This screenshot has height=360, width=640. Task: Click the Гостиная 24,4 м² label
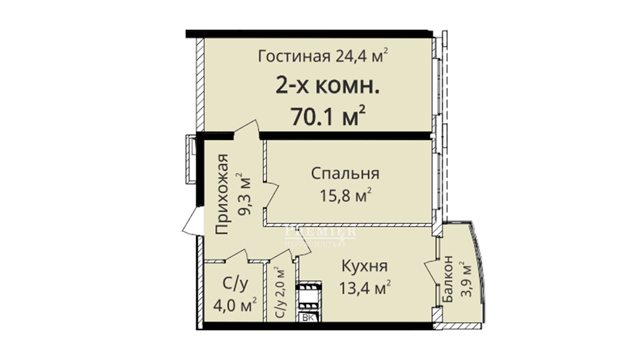coord(323,56)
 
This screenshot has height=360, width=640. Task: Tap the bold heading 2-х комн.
coord(327,87)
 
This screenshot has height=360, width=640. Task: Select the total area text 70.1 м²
coord(328,116)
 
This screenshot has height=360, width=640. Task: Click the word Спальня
coord(345,174)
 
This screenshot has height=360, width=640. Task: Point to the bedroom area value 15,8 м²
coord(345,196)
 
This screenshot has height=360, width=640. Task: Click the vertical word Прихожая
coord(222,194)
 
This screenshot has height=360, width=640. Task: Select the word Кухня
coord(365,266)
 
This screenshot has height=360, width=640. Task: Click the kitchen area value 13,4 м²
coord(365,288)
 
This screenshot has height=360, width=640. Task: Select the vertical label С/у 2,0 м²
coord(281,292)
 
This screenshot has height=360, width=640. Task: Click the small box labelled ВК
coord(309,318)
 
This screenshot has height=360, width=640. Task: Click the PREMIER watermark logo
coord(320,235)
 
